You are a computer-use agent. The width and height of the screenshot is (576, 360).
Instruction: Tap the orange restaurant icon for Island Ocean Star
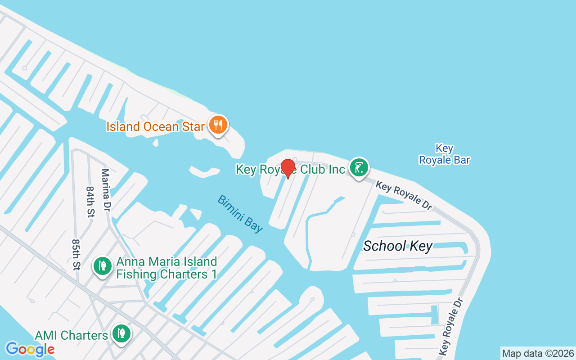pos(218,125)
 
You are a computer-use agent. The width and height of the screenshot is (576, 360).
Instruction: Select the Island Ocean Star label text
pos(155,126)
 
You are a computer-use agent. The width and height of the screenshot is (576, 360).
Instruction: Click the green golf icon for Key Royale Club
pos(359,168)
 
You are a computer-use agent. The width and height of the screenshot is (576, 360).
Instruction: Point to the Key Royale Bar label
pos(444,154)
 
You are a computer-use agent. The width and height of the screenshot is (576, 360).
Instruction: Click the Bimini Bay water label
pos(240,213)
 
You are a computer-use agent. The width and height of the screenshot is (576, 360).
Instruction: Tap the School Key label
pos(397,246)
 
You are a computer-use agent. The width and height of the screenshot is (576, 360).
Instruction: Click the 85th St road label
pos(76,255)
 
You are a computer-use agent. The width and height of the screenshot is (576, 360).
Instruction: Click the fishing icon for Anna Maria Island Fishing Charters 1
pos(103,266)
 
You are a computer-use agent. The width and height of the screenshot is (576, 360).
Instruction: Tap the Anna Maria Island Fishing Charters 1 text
pos(166,268)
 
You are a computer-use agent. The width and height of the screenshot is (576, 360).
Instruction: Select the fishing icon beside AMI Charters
pos(121,333)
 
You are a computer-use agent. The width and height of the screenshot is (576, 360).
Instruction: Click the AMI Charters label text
pos(71,335)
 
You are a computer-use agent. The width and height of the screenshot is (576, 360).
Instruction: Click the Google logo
pos(30,349)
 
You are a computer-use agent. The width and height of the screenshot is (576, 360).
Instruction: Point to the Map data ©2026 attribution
pos(538,353)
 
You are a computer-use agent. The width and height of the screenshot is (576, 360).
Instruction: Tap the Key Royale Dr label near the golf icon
pos(404,195)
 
